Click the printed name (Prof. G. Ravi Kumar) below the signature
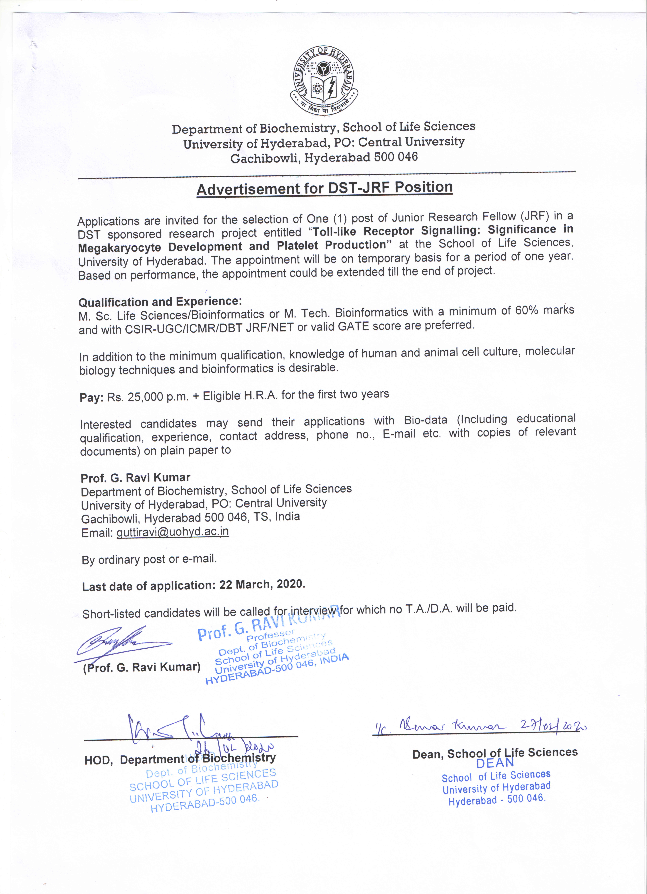coord(142,667)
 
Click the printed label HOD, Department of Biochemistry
coord(180,759)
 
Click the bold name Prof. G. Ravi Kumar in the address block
coord(135,478)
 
